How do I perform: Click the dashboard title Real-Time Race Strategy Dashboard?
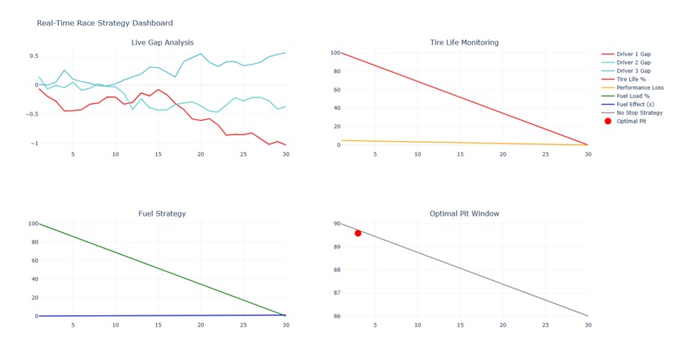point(105,23)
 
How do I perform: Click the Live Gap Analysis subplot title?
point(163,42)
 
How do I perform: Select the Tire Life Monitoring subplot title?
point(464,42)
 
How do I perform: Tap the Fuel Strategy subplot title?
point(163,214)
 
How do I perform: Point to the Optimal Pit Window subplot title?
point(464,214)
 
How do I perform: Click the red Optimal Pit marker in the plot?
point(358,233)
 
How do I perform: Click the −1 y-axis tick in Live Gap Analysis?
point(34,143)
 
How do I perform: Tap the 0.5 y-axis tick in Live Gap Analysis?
point(33,56)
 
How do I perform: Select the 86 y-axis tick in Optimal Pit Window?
point(335,316)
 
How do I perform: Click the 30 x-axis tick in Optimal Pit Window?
point(587,325)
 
